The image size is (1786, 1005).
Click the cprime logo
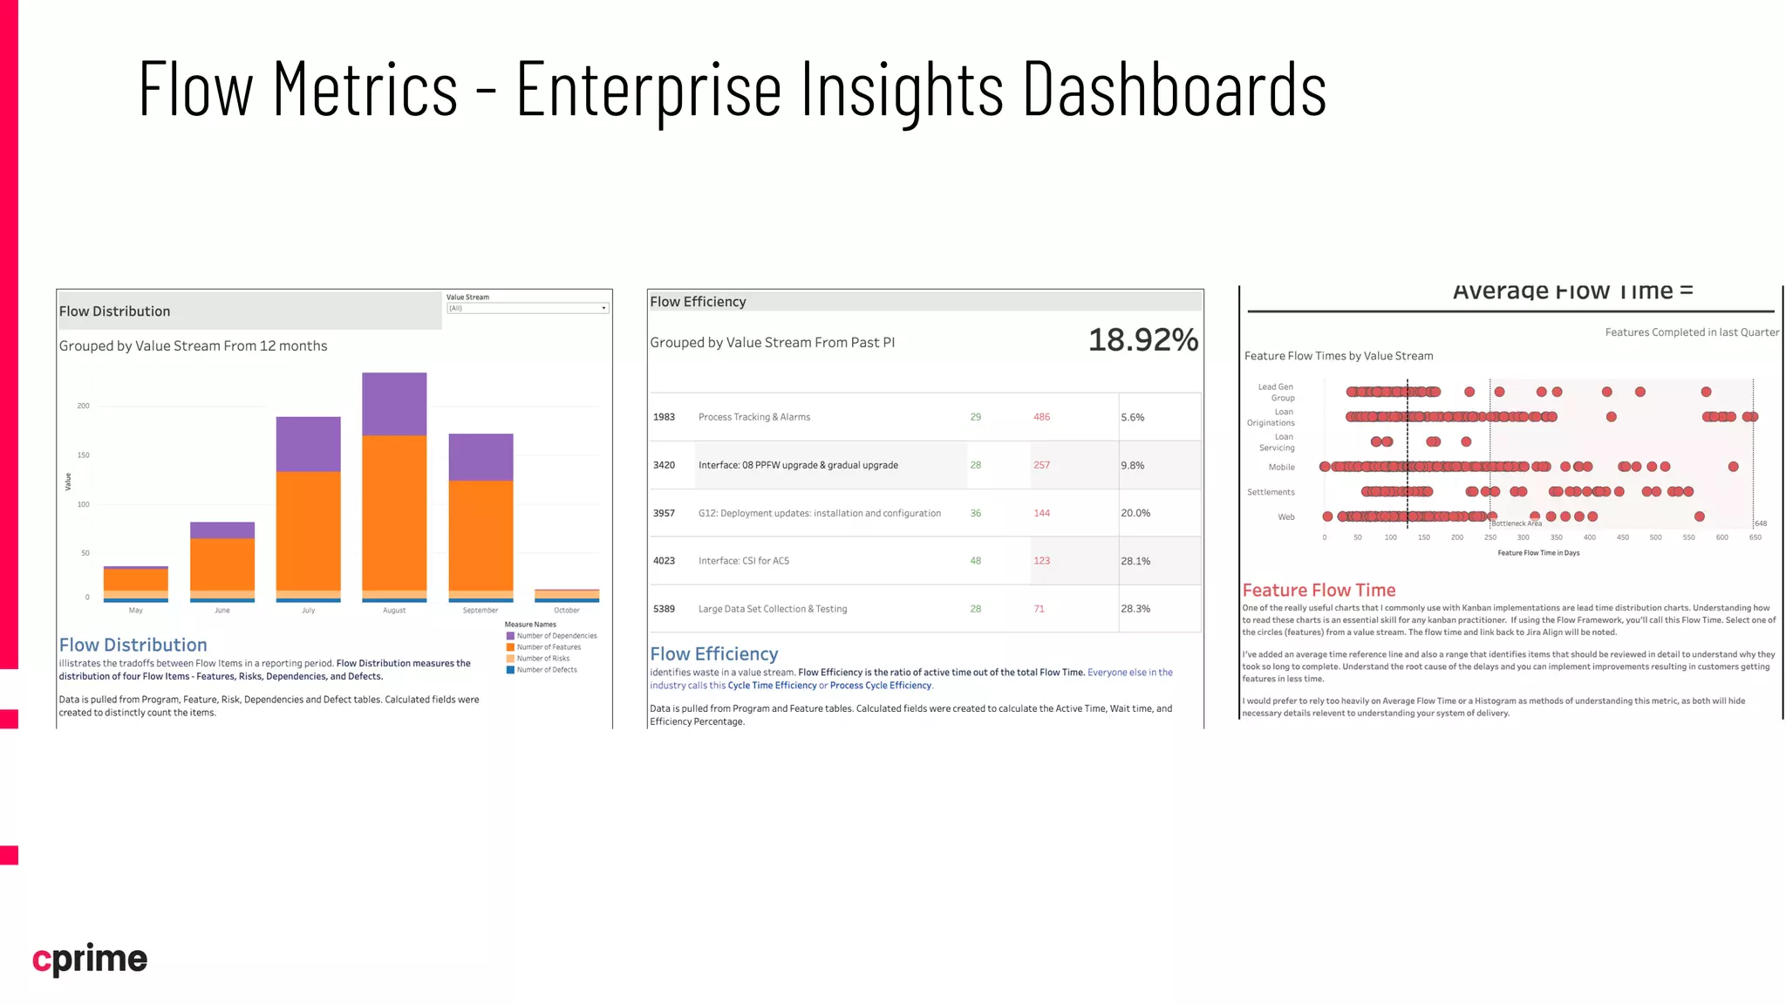(90, 959)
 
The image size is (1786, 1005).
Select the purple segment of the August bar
(394, 404)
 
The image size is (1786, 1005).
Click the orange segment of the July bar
(308, 530)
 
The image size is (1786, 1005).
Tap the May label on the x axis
(135, 611)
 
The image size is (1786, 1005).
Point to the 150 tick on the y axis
(83, 455)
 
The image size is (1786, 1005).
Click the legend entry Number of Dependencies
(556, 636)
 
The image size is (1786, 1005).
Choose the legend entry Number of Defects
(546, 670)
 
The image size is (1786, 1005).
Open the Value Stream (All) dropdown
(527, 308)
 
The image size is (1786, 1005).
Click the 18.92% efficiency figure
(1142, 340)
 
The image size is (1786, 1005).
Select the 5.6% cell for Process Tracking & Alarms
(1133, 418)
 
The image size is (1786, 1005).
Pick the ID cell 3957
(664, 513)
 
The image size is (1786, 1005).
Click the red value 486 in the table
(1041, 417)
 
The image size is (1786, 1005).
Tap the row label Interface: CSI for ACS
(743, 561)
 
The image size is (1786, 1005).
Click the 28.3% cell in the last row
(1135, 609)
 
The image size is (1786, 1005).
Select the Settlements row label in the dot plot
(1271, 492)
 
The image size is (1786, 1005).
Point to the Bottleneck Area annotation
(1517, 523)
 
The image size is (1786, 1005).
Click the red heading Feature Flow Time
(1319, 591)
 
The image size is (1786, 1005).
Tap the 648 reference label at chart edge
(1761, 523)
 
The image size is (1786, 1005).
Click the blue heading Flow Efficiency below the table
(713, 654)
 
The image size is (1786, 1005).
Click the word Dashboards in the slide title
(1174, 90)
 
